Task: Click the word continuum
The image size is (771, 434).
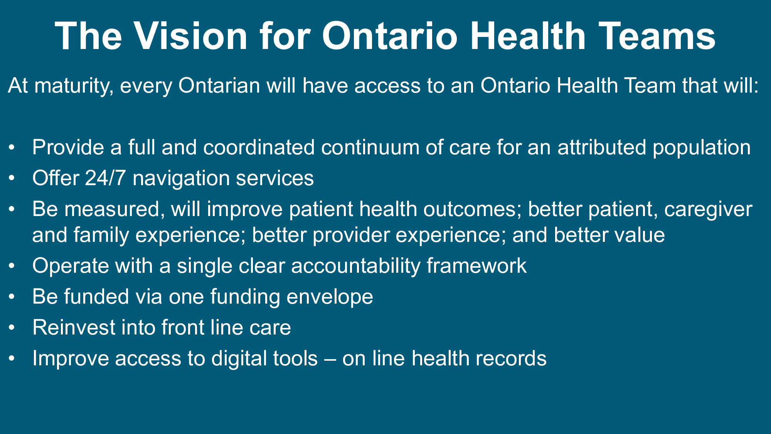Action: point(370,147)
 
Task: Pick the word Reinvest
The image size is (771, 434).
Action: point(74,328)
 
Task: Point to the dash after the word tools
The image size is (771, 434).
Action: point(330,360)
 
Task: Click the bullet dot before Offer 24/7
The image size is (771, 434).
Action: point(12,178)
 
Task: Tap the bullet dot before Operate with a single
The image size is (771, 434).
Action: point(12,266)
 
